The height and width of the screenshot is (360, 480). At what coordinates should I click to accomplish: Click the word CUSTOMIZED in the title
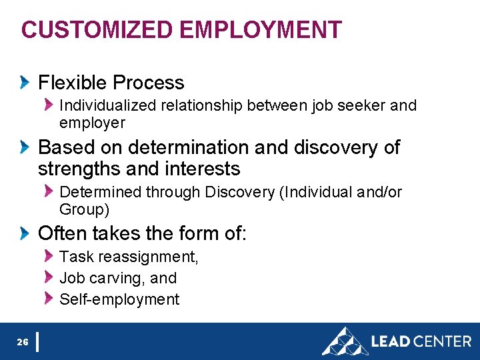(x=98, y=30)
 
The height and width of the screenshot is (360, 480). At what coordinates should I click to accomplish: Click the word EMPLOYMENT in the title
(x=261, y=30)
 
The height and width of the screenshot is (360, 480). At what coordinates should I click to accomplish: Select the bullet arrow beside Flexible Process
(x=25, y=83)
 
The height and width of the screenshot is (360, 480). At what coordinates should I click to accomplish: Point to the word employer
(x=92, y=123)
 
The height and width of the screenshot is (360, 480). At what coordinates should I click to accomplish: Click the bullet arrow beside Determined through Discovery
(x=48, y=191)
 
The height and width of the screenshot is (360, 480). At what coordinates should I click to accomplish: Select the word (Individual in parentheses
(x=317, y=192)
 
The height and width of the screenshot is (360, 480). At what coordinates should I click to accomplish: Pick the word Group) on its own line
(x=85, y=209)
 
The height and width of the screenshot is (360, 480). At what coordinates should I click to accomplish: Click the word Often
(x=63, y=233)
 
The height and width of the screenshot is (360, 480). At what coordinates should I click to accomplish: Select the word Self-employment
(x=119, y=299)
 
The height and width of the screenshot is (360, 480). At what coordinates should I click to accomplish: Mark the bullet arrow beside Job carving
(x=48, y=277)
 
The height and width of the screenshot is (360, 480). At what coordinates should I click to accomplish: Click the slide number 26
(x=23, y=342)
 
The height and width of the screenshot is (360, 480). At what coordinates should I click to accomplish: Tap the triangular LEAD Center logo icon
(x=345, y=341)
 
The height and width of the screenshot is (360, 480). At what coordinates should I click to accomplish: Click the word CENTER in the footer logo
(x=442, y=341)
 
